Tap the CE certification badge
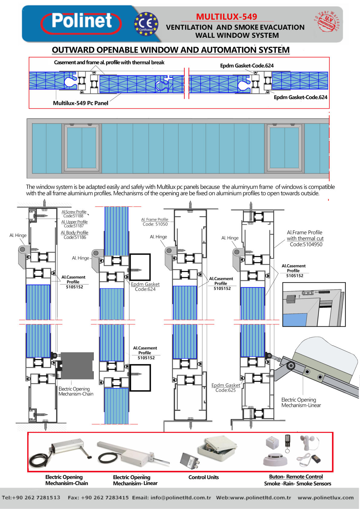(146, 24)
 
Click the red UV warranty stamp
(327, 21)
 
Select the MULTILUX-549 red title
(226, 17)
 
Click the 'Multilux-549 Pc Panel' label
(80, 103)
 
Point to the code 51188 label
(74, 216)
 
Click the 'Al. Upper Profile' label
(74, 222)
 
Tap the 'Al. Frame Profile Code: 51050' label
(155, 222)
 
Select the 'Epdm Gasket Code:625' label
(226, 388)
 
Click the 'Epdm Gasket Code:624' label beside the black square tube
(145, 287)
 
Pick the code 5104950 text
(306, 244)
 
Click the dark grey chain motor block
(77, 366)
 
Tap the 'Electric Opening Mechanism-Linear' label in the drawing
(301, 403)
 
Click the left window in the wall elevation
(81, 148)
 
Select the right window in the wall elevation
(284, 148)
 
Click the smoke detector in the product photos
(275, 459)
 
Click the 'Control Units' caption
(203, 477)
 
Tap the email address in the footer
(172, 498)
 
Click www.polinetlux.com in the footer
(326, 498)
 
